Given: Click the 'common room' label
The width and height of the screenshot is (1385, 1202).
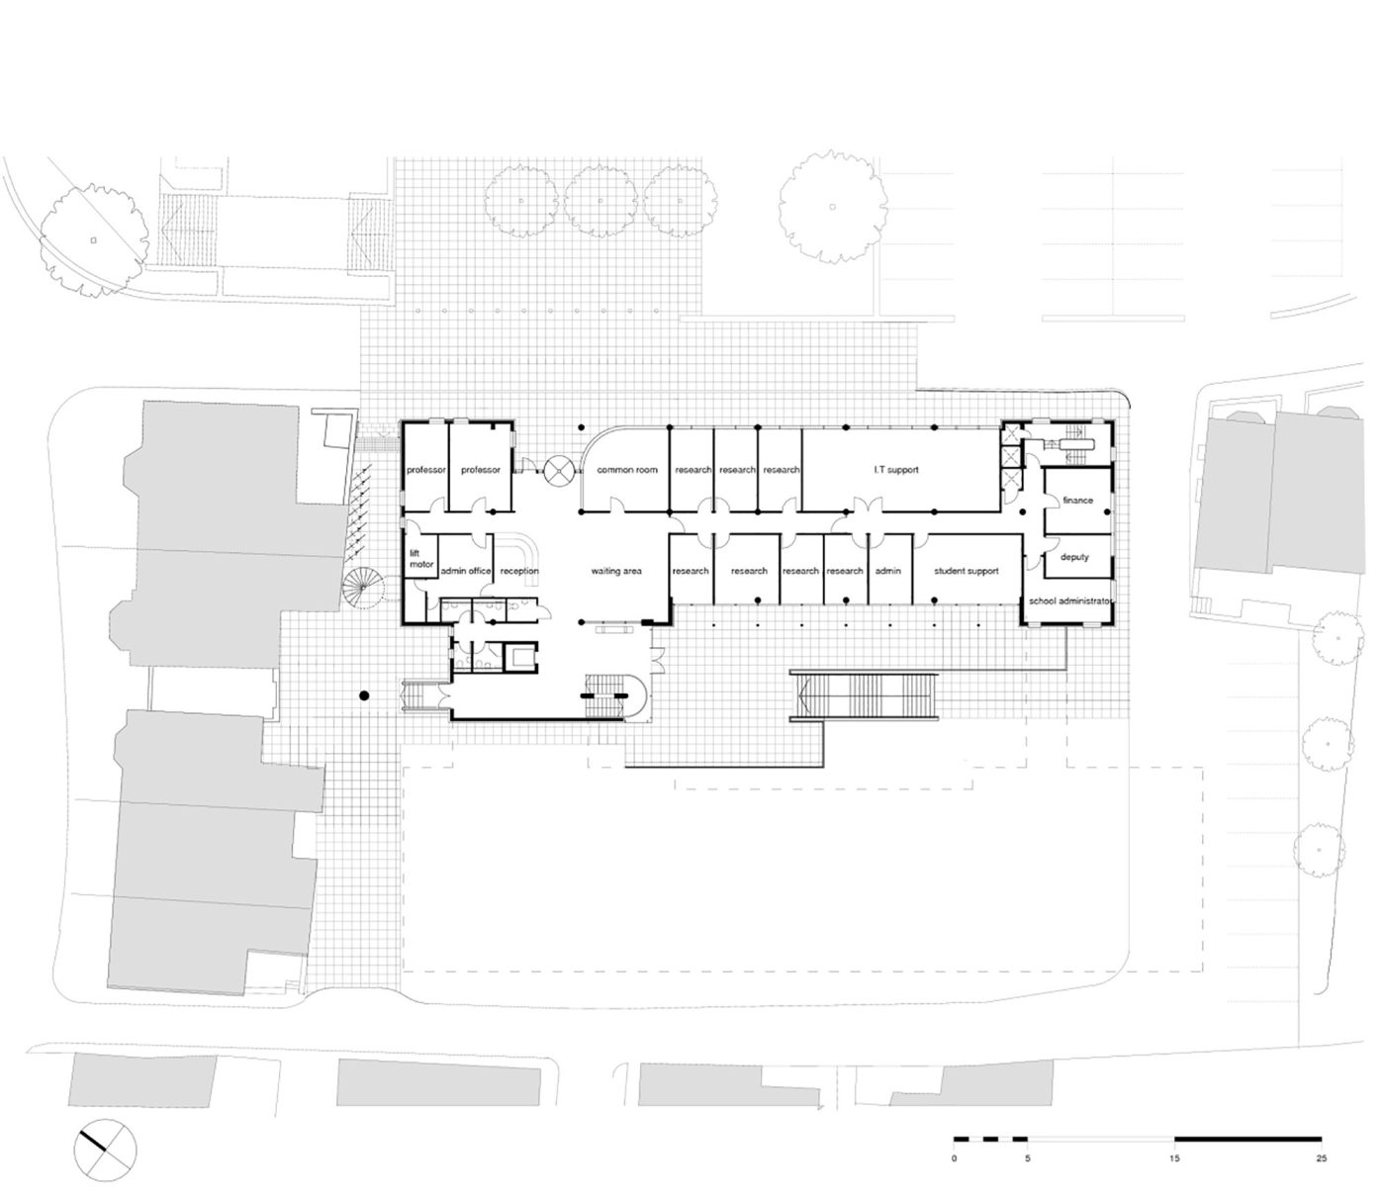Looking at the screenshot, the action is point(626,469).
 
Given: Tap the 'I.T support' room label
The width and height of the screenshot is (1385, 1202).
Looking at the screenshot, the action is point(895,469).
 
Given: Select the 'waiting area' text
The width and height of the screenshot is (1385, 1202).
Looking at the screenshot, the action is point(615,571).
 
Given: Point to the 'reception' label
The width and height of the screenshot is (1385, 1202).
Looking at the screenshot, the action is point(518,571).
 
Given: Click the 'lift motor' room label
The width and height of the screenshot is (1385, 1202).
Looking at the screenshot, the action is point(421,558).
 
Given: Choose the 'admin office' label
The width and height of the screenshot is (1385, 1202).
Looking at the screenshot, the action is point(466,571).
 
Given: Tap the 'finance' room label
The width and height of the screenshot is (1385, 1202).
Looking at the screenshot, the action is point(1077,501).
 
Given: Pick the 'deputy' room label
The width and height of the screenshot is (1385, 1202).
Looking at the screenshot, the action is point(1074,556).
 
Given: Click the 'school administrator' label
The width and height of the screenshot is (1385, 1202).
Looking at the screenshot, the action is point(1068,601).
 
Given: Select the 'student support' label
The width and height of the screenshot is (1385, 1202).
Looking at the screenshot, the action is point(966,571).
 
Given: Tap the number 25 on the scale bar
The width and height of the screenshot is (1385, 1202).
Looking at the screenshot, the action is point(1321,1139).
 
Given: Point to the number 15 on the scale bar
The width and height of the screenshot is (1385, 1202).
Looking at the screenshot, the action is point(1174,1139).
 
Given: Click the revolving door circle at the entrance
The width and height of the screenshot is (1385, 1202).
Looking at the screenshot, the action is point(561,470).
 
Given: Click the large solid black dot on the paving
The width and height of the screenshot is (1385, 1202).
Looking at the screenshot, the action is point(363,694).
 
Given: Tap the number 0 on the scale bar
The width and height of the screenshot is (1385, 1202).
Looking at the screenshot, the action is point(954,1139).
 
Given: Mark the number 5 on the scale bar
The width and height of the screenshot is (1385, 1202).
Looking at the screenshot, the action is point(1028,1139).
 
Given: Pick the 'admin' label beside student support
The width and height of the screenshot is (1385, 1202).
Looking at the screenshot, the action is point(887,571).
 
